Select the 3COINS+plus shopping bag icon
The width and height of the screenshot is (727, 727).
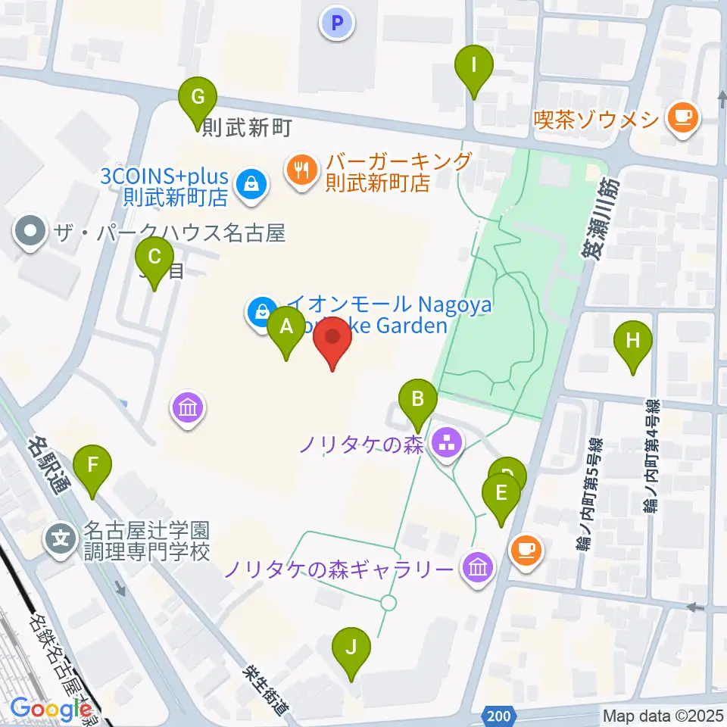pos(251,183)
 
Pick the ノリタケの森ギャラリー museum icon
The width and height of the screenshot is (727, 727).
pos(478,566)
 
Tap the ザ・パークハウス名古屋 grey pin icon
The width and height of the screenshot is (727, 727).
pos(31,232)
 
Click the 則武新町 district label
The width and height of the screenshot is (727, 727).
pos(247,128)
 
